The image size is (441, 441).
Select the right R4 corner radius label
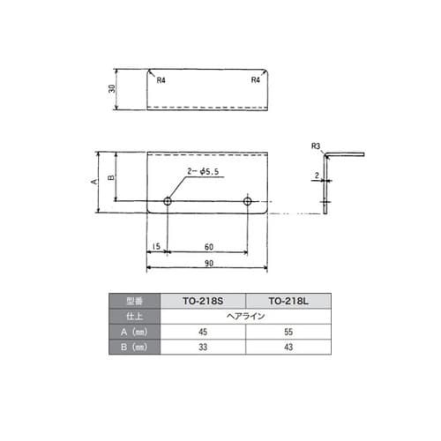255,80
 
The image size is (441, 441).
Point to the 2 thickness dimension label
317,176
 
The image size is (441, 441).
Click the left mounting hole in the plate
168,202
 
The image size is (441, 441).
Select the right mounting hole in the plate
248,202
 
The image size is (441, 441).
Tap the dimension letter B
111,177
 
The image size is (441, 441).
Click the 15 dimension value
156,246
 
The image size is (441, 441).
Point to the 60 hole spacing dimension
208,246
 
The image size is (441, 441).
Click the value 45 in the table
202,332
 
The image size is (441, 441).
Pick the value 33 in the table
202,348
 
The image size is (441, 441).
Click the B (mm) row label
134,348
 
